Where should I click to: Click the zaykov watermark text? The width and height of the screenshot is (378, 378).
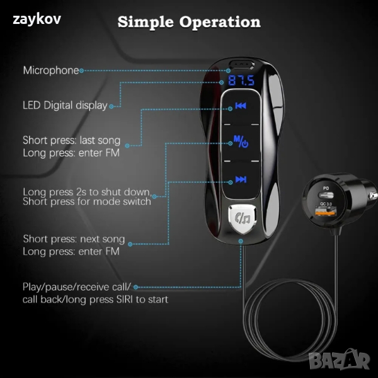click(x=37, y=20)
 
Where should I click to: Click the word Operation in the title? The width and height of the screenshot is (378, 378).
click(x=220, y=22)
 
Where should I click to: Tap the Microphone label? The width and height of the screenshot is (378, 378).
click(x=51, y=71)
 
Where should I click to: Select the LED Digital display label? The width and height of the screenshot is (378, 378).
click(x=65, y=106)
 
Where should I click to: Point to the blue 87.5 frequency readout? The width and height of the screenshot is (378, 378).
click(x=241, y=80)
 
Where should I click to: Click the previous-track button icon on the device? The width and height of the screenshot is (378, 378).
click(x=241, y=106)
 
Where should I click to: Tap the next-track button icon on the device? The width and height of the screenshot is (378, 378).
click(x=241, y=180)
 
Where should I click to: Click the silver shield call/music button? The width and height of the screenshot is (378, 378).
click(x=243, y=219)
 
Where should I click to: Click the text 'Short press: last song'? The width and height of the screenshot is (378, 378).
click(x=71, y=140)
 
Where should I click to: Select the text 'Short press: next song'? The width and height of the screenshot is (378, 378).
click(x=74, y=239)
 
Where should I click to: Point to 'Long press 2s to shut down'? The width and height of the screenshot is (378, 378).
click(x=88, y=192)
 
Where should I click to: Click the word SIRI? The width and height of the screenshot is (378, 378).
click(x=125, y=299)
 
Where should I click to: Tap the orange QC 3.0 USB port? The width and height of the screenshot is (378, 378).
click(x=325, y=212)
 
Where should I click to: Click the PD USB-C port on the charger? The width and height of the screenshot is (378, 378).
click(x=326, y=195)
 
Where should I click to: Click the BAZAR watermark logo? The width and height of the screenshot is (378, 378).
click(x=340, y=359)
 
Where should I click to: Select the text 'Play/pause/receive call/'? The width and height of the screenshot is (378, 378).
click(x=77, y=287)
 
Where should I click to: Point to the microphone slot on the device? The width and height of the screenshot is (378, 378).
click(x=241, y=65)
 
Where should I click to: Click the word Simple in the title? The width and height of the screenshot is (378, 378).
click(x=146, y=22)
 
